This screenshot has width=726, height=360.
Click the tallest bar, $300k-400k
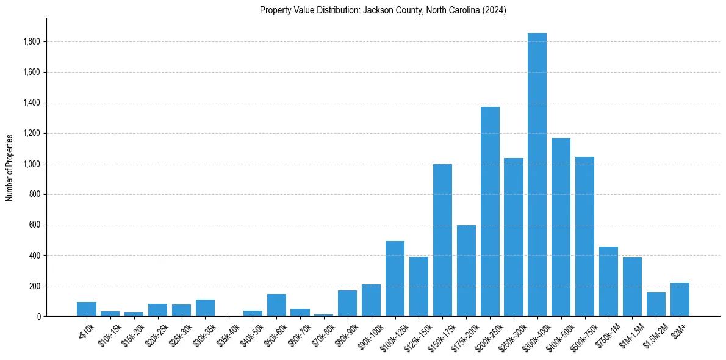pyautogui.click(x=537, y=177)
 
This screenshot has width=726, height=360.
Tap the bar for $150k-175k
pyautogui.click(x=442, y=241)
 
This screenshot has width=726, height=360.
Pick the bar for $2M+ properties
pyautogui.click(x=680, y=300)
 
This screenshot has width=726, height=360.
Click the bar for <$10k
pyautogui.click(x=87, y=309)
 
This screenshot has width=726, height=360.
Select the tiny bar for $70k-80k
pyautogui.click(x=324, y=315)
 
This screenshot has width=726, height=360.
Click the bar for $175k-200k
pyautogui.click(x=466, y=272)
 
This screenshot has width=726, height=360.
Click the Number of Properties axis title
pyautogui.click(x=9, y=167)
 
